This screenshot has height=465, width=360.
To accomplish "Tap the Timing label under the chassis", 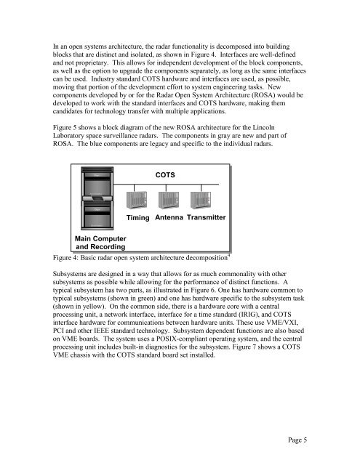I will click(x=137, y=219).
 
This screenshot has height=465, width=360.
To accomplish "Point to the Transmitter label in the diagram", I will click(x=207, y=219).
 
